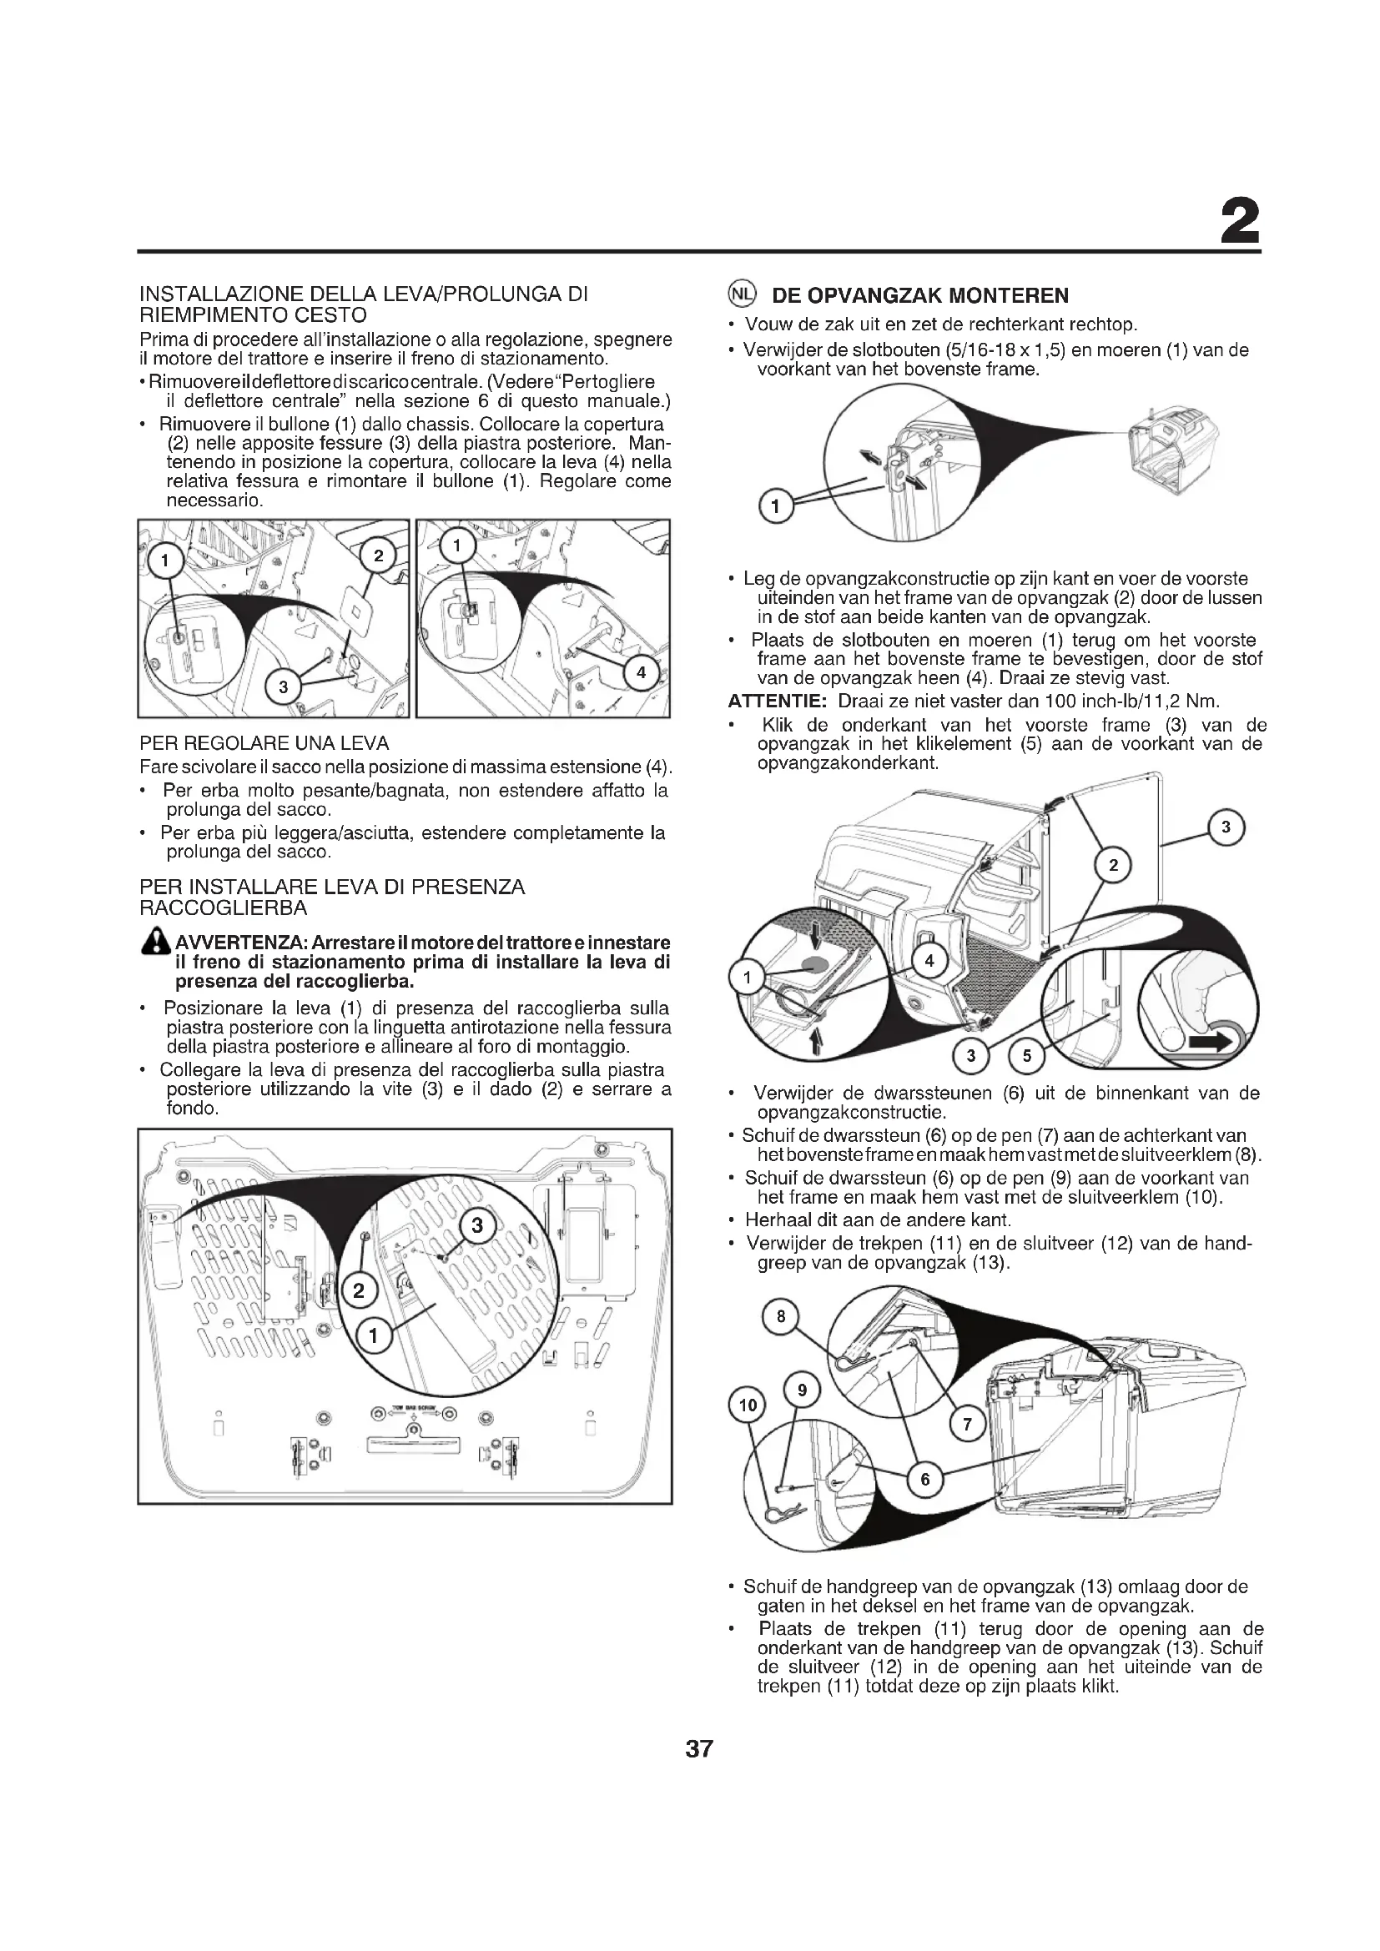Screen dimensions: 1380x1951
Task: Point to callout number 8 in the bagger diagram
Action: point(780,1317)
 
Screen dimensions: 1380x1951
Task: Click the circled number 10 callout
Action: point(747,1405)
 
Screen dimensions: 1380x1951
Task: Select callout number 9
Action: point(801,1390)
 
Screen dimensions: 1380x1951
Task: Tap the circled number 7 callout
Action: point(966,1425)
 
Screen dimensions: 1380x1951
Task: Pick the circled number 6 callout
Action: point(925,1480)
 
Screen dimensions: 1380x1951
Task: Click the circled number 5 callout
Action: point(1026,1056)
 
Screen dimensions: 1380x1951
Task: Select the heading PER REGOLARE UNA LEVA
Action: point(264,743)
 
